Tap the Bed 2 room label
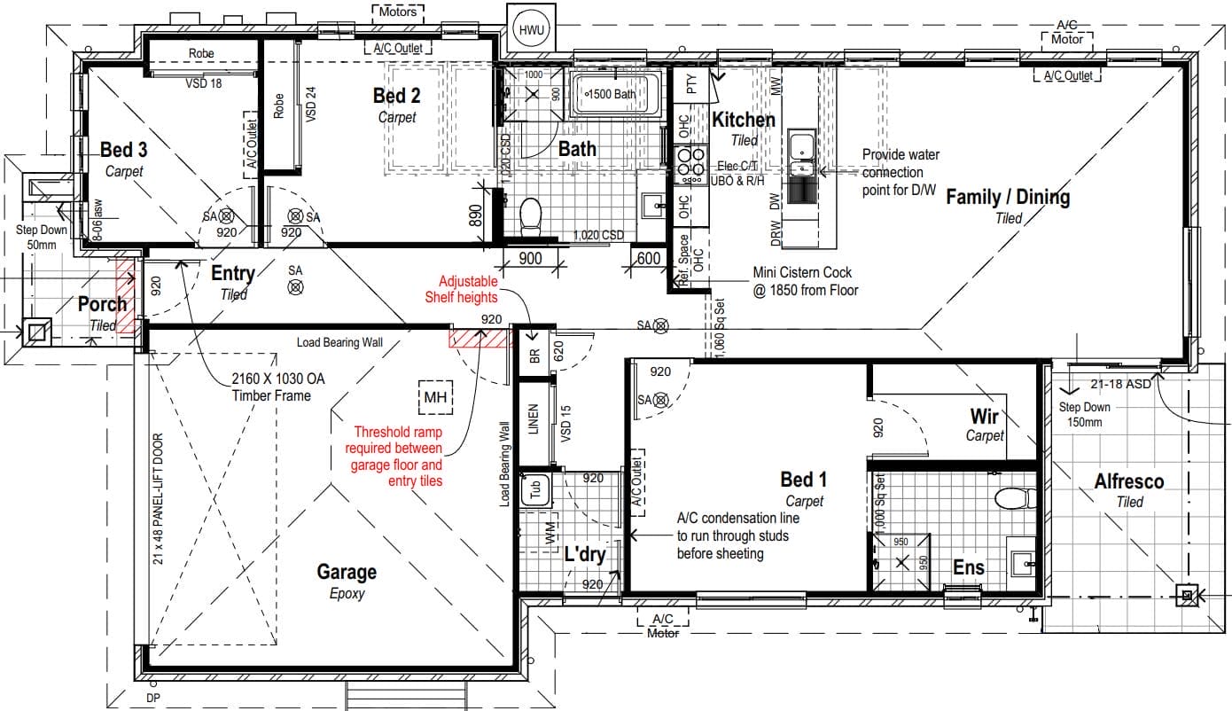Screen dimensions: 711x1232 pos(396,96)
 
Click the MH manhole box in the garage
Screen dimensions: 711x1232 pos(434,397)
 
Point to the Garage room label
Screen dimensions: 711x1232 pos(347,572)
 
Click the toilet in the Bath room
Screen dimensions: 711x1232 pos(530,215)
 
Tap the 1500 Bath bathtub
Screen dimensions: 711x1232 pos(618,94)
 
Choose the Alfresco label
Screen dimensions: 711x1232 pos(1129,481)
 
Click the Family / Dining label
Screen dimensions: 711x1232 pos(1008,197)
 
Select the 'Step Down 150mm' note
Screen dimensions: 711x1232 pos(1083,415)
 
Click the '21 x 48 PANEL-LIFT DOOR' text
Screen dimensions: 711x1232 pos(159,498)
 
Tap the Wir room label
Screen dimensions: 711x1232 pos(984,416)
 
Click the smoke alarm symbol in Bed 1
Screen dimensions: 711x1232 pos(659,401)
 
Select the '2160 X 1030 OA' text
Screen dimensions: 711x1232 pos(277,379)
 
